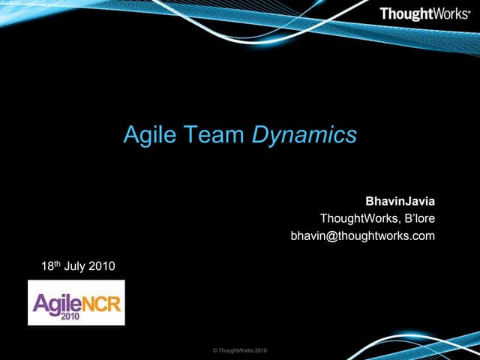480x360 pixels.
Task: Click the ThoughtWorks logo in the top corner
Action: [424, 13]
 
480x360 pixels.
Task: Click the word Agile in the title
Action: [147, 135]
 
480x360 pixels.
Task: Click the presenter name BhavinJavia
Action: [400, 202]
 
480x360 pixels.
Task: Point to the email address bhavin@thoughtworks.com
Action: [362, 236]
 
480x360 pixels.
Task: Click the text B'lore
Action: [417, 219]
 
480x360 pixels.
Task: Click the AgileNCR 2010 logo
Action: [76, 302]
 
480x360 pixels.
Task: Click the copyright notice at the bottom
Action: [239, 350]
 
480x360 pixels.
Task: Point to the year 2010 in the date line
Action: [103, 265]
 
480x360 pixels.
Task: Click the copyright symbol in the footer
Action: [216, 350]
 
